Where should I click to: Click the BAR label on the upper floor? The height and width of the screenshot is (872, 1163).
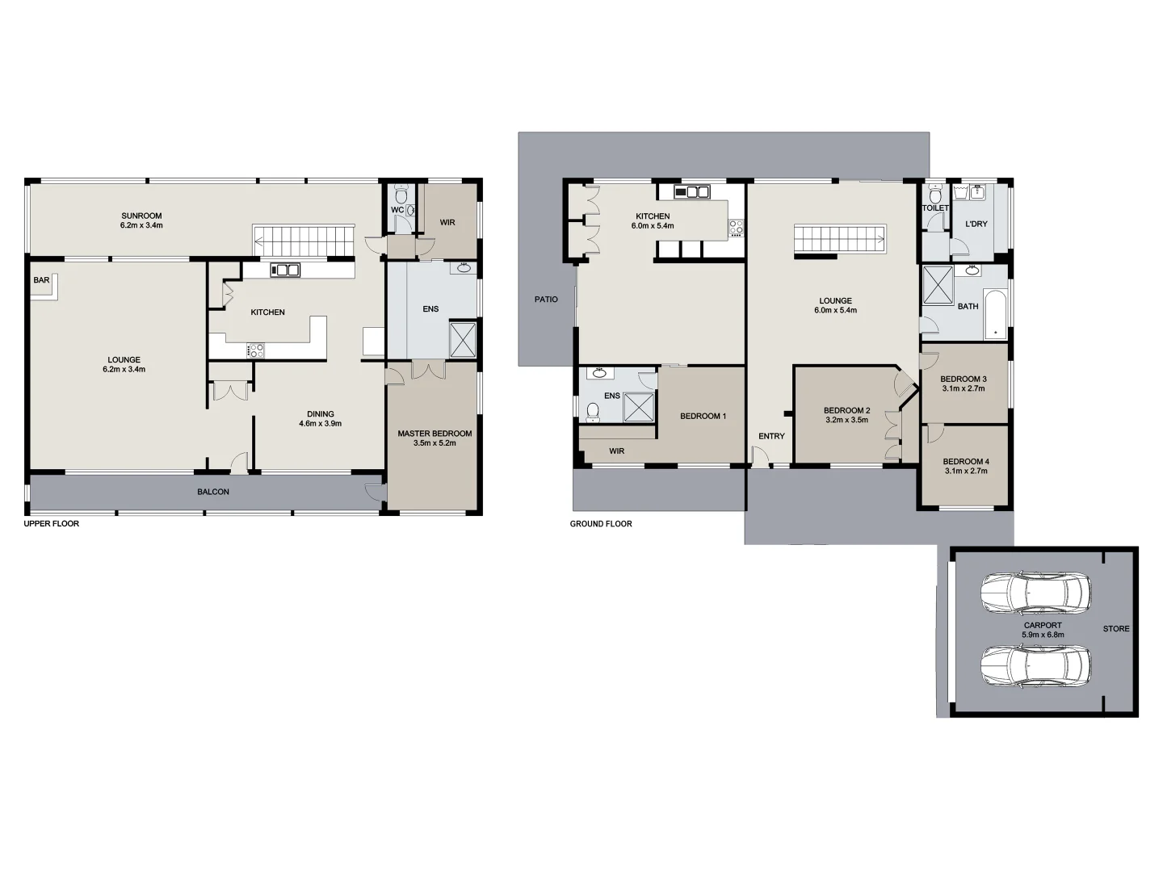point(41,280)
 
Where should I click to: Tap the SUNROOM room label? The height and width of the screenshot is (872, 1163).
point(141,216)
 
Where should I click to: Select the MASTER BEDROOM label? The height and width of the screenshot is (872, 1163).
point(435,434)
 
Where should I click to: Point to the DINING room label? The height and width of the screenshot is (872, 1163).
point(321,414)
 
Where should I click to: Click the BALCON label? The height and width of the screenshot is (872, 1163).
point(213,492)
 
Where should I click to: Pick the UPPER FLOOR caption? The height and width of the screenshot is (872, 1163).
point(52,524)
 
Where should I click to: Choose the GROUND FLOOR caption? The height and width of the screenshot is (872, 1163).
point(601,524)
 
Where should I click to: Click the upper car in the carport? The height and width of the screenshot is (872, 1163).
point(1035,593)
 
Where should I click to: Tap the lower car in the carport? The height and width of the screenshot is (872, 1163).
point(1035,667)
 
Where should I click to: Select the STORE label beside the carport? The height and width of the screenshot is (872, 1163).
point(1116,628)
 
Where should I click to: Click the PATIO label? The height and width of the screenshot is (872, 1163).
point(546,300)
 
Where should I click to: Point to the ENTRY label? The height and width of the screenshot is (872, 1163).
point(771,436)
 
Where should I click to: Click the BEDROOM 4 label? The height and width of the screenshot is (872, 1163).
point(965,462)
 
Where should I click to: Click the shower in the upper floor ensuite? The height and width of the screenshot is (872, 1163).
point(463,339)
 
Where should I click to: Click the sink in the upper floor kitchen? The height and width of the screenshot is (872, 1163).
point(285,270)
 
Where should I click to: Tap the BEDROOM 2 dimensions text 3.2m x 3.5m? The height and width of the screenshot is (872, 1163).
point(846,420)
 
